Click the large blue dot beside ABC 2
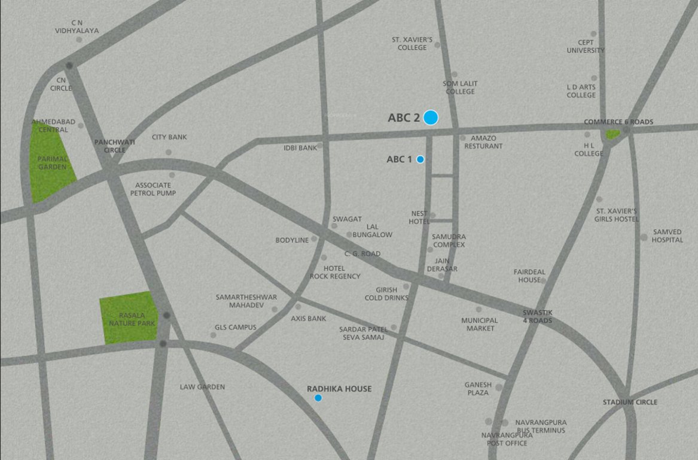[x=431, y=117]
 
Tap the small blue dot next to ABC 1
[x=420, y=159]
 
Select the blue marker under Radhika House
[x=318, y=398]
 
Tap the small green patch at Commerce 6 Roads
[x=612, y=135]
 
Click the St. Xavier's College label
[x=412, y=43]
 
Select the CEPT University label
[x=586, y=47]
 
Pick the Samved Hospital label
[x=667, y=235]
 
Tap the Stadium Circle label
[x=630, y=402]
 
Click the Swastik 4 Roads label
[x=537, y=317]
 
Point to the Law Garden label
[x=202, y=387]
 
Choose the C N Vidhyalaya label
[x=77, y=27]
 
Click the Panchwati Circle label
[x=115, y=146]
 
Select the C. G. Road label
[x=362, y=254]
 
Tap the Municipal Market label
[x=479, y=324]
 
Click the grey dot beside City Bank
[x=168, y=152]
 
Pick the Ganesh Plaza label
[x=478, y=389]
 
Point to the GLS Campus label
[x=235, y=328]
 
